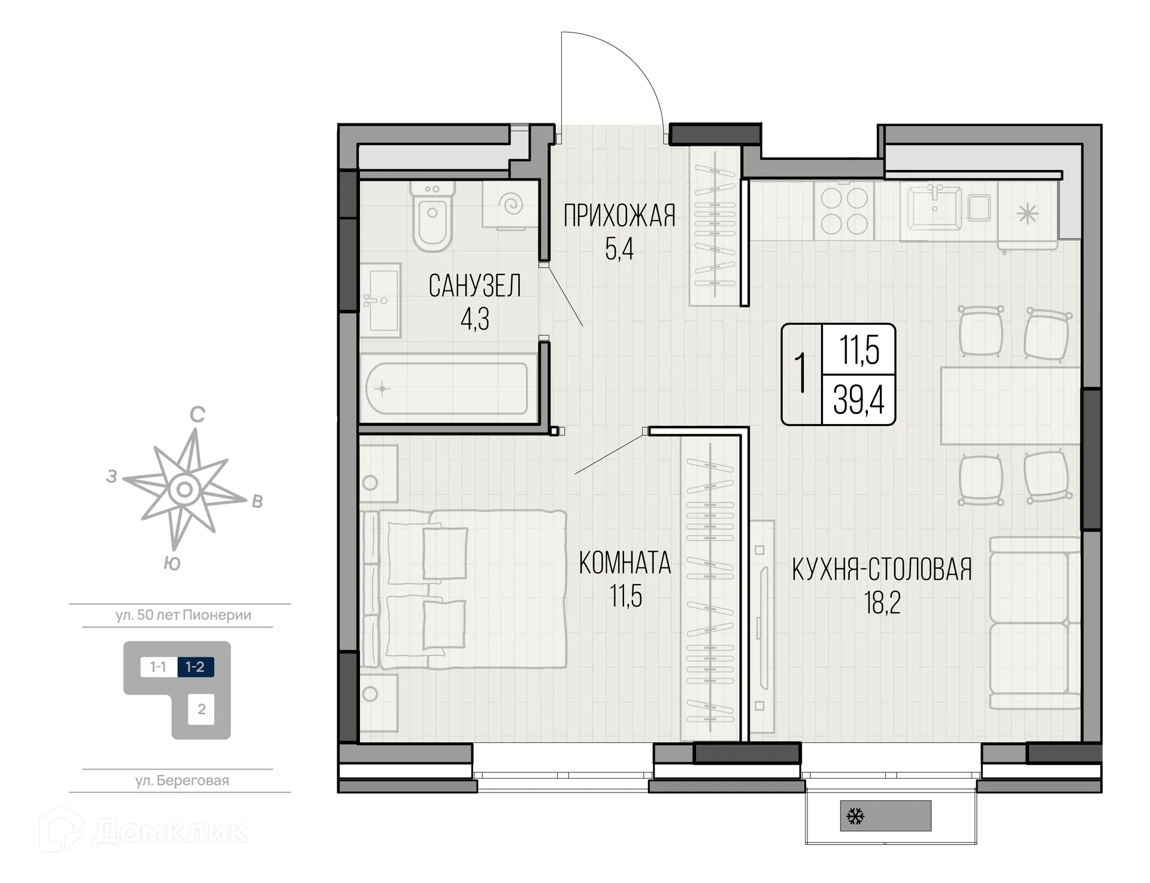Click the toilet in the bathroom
[x=432, y=216]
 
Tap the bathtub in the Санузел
[x=447, y=388]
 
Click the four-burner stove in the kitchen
[x=844, y=211]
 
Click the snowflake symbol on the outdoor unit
[x=855, y=816]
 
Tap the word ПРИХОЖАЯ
[x=619, y=216]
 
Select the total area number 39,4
[x=859, y=400]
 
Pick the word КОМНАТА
[x=625, y=563]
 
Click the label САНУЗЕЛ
[x=474, y=286]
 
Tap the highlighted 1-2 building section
[x=195, y=667]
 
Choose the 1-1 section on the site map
[x=158, y=667]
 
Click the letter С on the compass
[x=197, y=414]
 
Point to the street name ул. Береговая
[x=182, y=781]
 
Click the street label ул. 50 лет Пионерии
[x=183, y=615]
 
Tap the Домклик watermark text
[x=171, y=832]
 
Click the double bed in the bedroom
[x=464, y=589]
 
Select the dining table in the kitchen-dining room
[x=1010, y=406]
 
